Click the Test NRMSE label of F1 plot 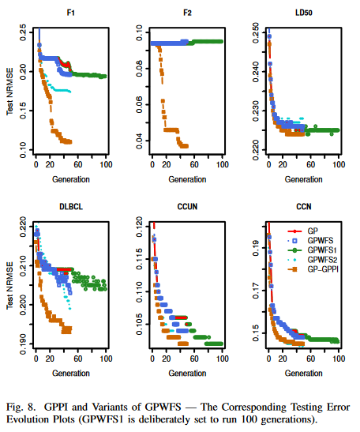click(x=9, y=91)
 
